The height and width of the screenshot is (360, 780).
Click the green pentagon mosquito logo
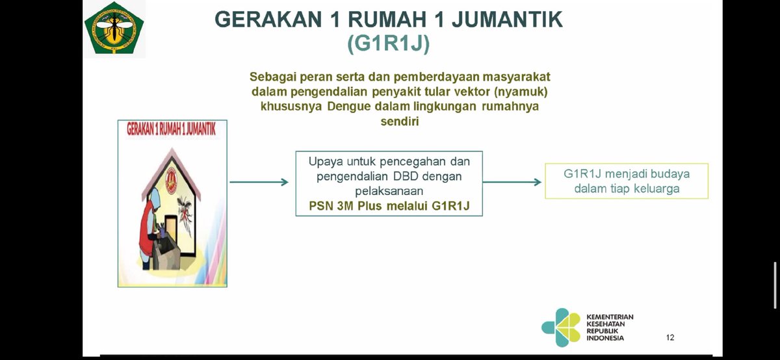[x=114, y=28]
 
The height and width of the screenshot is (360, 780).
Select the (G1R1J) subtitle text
[x=389, y=44]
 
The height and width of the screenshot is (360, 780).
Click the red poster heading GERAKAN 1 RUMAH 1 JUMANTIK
[x=172, y=129]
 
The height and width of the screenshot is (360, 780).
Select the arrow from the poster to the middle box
[x=259, y=182]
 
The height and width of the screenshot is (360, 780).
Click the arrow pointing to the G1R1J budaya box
[x=512, y=182]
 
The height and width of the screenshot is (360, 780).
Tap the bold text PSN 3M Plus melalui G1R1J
[x=389, y=206]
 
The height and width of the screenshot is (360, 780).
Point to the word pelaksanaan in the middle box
[x=389, y=191]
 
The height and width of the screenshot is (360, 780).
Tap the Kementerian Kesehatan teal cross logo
[x=561, y=328]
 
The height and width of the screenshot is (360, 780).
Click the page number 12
[x=670, y=337]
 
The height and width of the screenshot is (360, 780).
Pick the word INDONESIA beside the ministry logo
[x=604, y=338]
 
